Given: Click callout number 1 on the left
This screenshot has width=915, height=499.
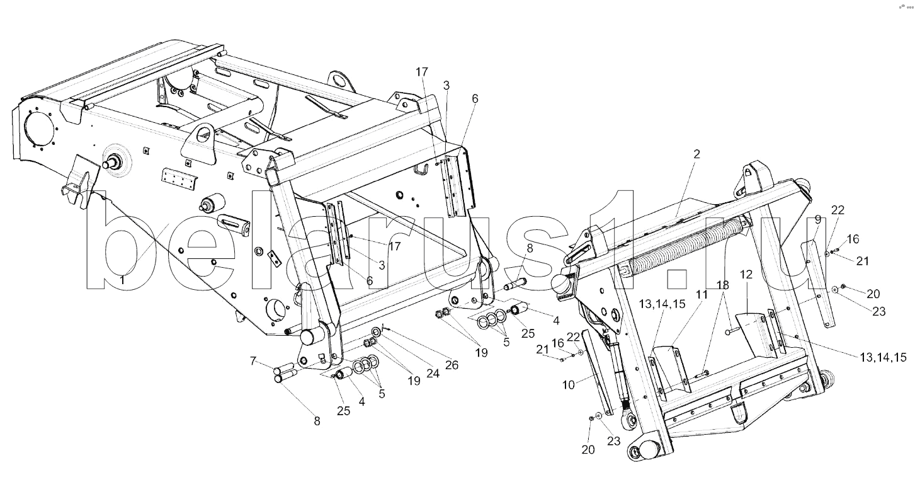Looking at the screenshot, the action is click(122, 280).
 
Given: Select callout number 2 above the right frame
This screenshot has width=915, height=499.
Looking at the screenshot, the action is click(696, 154).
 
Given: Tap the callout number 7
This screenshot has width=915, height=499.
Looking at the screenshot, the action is click(253, 361).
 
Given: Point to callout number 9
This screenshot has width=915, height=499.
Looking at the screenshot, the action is click(818, 219).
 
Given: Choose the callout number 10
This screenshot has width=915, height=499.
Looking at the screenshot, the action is click(569, 384).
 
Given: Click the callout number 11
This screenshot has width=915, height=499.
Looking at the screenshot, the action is click(702, 294).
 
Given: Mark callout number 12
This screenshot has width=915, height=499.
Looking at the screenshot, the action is click(746, 275).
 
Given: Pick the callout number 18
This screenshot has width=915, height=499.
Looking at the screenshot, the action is click(722, 285).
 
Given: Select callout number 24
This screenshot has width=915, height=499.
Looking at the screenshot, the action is click(433, 373).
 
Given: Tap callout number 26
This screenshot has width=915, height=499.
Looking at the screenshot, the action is click(452, 365).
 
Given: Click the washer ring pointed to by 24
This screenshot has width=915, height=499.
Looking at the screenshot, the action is click(375, 331).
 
